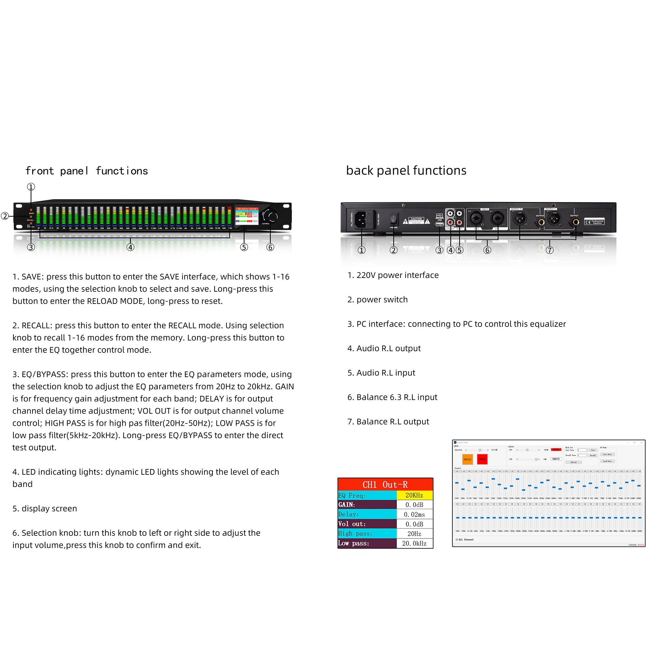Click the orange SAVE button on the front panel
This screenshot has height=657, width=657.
coord(31,210)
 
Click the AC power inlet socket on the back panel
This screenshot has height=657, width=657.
coord(360,219)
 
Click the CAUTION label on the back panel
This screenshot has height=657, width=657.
coord(416,221)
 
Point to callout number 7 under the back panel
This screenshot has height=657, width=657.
coord(550,250)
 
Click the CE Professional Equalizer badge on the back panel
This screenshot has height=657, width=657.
coord(595,222)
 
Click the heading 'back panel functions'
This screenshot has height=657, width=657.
coord(406,170)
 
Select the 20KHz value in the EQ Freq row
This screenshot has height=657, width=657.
coord(414,495)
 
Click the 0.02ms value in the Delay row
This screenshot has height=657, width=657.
coord(414,514)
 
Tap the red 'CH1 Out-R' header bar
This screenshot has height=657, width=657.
coord(385,484)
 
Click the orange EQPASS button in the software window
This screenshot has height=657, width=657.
coord(467,460)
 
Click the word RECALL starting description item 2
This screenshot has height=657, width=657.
coord(37,326)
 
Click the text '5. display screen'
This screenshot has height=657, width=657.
coord(45,509)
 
